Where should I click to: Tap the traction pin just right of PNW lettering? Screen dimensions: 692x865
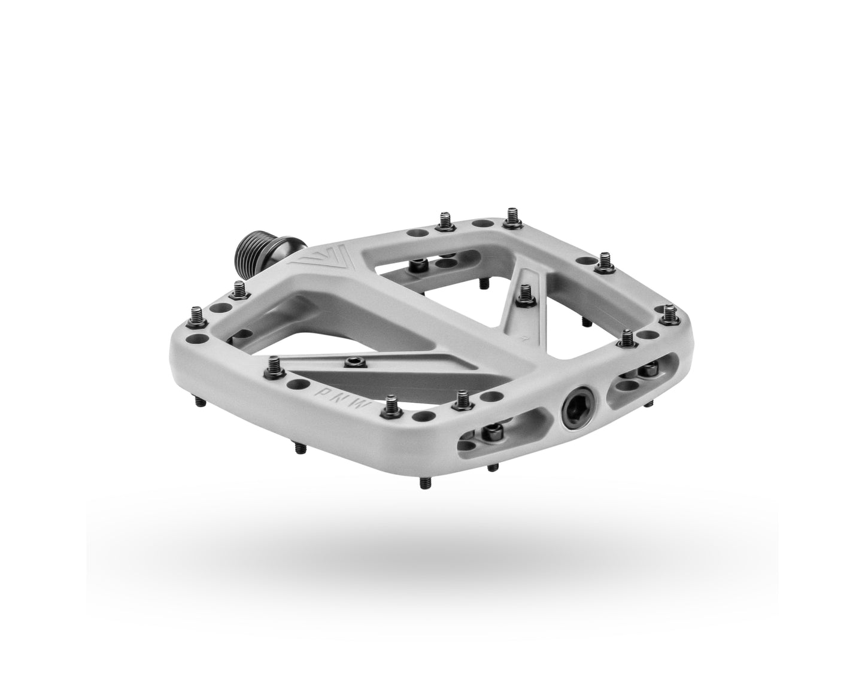pyautogui.click(x=392, y=403)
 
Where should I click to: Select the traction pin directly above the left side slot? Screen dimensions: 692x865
pyautogui.click(x=462, y=399)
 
